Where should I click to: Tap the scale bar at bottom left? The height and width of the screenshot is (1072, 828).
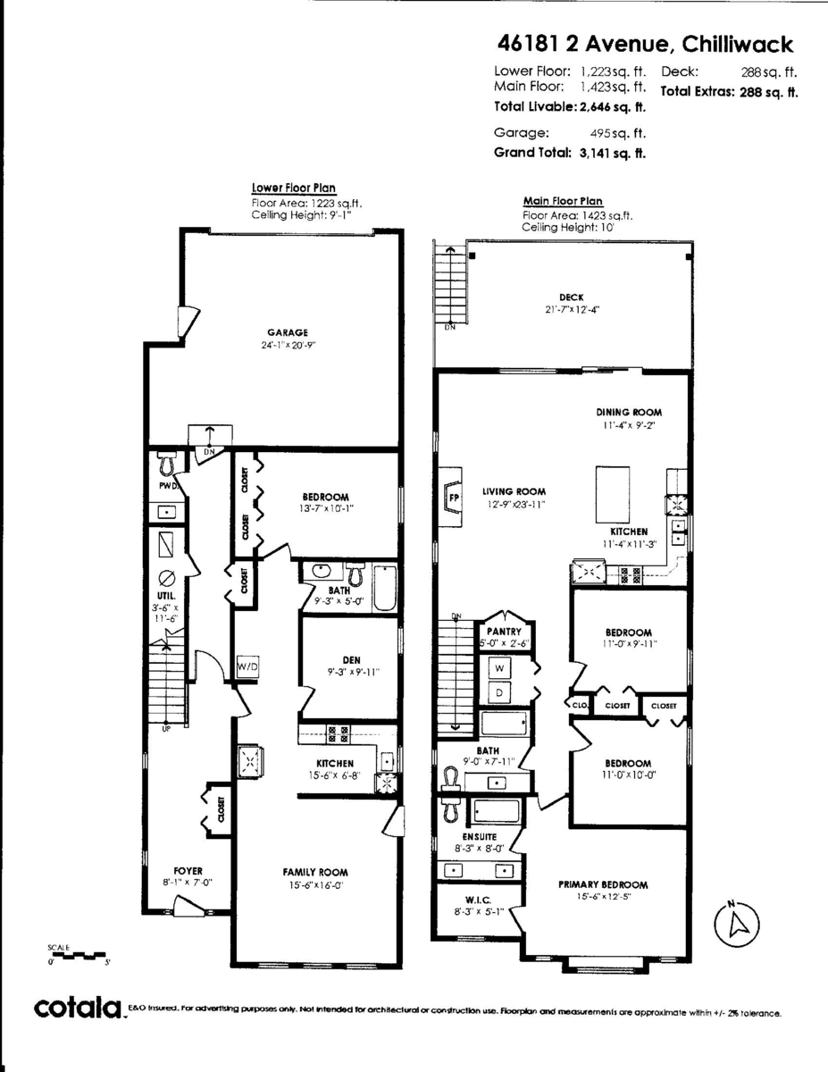(79, 957)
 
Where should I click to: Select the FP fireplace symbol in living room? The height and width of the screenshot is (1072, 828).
(453, 498)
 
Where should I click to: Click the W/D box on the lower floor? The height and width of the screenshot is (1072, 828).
(247, 666)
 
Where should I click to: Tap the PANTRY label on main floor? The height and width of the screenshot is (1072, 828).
(504, 631)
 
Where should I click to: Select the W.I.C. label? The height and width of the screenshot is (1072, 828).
(478, 900)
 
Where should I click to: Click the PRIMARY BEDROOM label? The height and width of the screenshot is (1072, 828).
(603, 884)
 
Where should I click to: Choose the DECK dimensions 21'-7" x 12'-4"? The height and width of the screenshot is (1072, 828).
(572, 310)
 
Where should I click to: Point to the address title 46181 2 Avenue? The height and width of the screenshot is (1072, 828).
(643, 44)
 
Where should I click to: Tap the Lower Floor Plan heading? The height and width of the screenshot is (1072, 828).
(293, 188)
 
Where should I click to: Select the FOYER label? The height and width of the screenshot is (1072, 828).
(188, 870)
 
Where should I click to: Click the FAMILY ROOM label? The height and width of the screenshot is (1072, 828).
(315, 872)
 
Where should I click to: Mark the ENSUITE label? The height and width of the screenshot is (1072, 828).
(479, 836)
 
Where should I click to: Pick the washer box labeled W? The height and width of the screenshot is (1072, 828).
(499, 667)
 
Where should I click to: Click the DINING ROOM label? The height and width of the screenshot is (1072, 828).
(629, 413)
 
